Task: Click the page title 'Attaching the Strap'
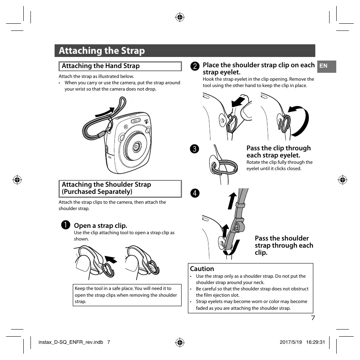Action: pyautogui.click(x=102, y=51)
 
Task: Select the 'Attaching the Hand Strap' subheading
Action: pyautogui.click(x=100, y=66)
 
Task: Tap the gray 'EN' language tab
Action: pyautogui.click(x=324, y=66)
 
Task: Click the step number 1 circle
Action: pyautogui.click(x=66, y=225)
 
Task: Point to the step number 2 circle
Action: pyautogui.click(x=194, y=66)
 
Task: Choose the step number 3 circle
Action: pyautogui.click(x=194, y=149)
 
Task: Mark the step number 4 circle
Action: pyautogui.click(x=194, y=193)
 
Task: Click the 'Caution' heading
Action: pyautogui.click(x=202, y=269)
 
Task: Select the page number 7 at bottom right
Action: pyautogui.click(x=313, y=318)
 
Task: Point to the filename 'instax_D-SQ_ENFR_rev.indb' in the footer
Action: pyautogui.click(x=70, y=342)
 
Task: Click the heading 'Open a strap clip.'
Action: pyautogui.click(x=100, y=225)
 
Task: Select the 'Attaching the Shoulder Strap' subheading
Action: pyautogui.click(x=106, y=188)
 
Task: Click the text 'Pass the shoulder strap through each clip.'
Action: pyautogui.click(x=284, y=245)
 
